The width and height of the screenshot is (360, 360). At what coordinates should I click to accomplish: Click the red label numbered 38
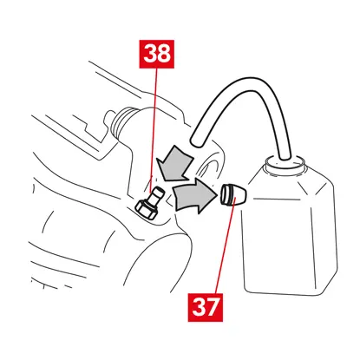click(x=156, y=54)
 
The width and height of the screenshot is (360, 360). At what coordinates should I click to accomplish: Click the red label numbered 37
click(x=206, y=307)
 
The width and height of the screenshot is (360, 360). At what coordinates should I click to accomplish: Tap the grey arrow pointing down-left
click(x=174, y=163)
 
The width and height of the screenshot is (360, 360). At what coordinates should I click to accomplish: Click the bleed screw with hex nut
click(x=148, y=204)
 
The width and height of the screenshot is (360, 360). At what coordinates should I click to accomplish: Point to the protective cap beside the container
click(x=233, y=194)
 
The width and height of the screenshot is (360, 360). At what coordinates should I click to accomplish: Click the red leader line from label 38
click(x=154, y=130)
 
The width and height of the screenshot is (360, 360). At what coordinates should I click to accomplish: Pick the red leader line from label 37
click(x=226, y=245)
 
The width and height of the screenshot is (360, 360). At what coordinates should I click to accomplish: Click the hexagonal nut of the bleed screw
click(x=146, y=211)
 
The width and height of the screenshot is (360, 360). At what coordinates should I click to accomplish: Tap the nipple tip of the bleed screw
click(x=158, y=192)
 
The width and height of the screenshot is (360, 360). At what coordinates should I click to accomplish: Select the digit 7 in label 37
click(x=213, y=307)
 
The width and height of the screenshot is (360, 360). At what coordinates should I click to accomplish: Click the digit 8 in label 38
click(x=163, y=54)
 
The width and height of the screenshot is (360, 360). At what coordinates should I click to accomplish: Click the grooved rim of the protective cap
click(x=226, y=194)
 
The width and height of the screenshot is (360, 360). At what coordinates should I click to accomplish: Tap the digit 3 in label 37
click(x=199, y=307)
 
